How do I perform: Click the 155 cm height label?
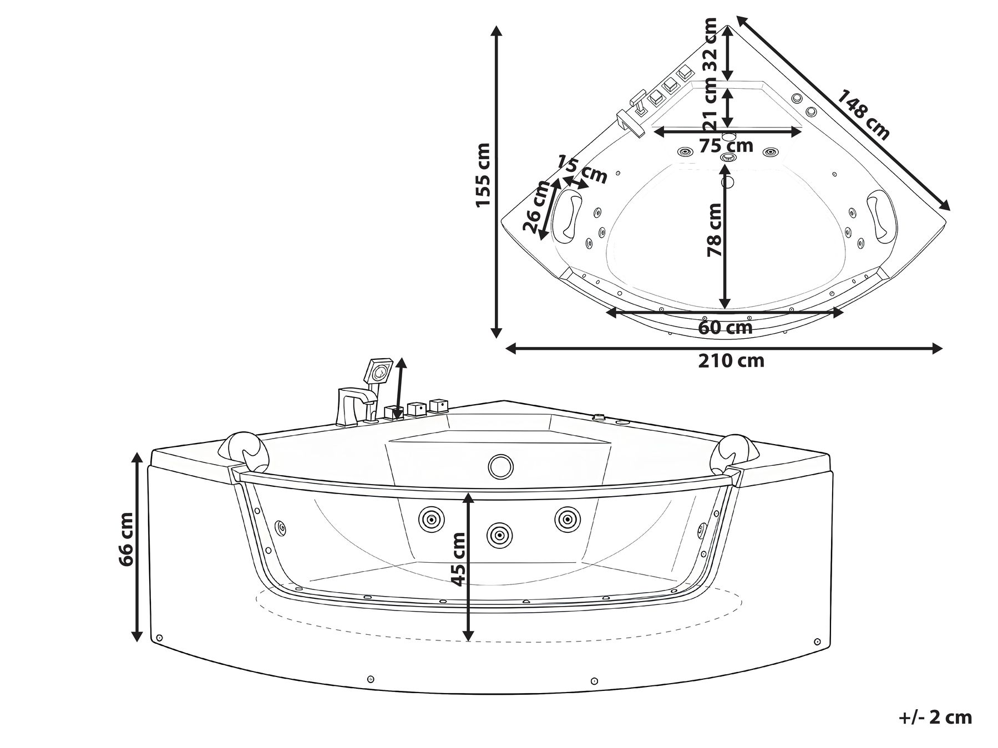tap(483, 175)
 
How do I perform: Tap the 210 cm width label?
tap(731, 361)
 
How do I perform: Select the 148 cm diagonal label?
tap(863, 114)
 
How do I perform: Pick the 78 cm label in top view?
tap(714, 230)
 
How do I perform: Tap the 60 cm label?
tap(725, 328)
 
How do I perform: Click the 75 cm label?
tap(726, 146)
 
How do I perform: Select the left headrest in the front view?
tap(247, 448)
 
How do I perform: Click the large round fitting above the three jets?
tap(501, 465)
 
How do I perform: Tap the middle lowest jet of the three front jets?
tap(499, 535)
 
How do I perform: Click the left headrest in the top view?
tap(569, 214)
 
